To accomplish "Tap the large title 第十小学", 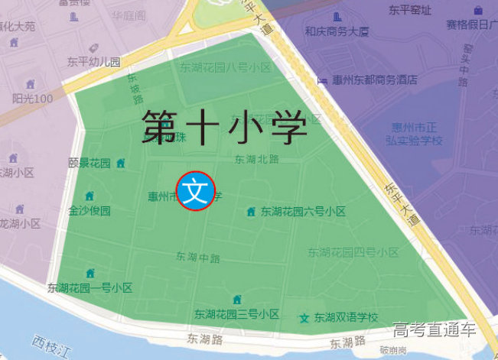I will [x=224, y=127].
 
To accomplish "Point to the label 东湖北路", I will [x=256, y=160].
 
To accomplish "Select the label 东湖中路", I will [x=197, y=256].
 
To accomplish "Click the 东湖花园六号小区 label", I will [x=303, y=212].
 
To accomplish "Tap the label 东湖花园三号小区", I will [x=236, y=314].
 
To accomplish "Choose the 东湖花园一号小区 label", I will [x=90, y=288].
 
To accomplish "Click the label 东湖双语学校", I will [x=346, y=318].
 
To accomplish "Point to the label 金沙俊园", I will [x=90, y=210].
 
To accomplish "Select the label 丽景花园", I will [x=90, y=163].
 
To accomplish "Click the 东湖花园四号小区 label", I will [x=353, y=251].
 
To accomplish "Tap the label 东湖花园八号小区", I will [x=226, y=68].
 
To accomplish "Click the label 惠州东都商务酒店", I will [x=375, y=79].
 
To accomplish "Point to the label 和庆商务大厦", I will [x=337, y=31].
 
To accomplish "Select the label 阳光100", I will [x=32, y=99].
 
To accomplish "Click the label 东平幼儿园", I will [x=93, y=62].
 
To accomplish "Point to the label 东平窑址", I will [x=409, y=10].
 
